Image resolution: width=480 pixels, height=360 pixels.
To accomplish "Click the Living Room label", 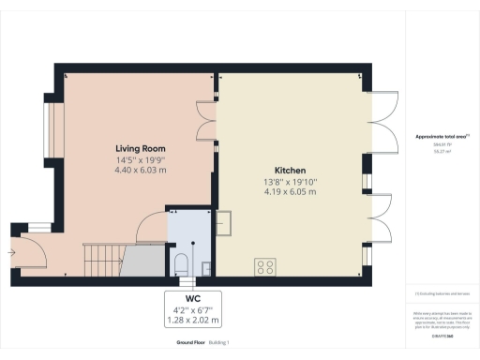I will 141,149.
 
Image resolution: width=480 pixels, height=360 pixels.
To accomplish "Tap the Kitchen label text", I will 291,170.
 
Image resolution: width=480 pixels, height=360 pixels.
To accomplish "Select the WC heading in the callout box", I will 193,299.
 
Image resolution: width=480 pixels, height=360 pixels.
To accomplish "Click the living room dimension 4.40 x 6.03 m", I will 141,171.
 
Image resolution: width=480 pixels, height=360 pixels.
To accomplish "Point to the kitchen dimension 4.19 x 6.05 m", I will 291,191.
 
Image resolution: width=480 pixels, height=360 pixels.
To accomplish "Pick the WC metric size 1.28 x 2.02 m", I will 193,321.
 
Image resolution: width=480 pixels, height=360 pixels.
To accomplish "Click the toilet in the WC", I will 181,262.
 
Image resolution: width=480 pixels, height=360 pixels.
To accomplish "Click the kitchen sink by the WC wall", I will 224,224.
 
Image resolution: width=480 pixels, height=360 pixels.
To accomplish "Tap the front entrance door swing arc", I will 33,246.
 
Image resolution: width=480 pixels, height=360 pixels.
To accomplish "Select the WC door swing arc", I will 150,227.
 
